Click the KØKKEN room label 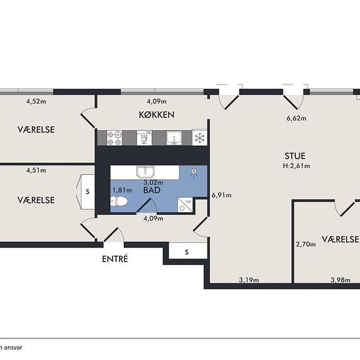[156, 115]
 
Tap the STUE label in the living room [295, 156]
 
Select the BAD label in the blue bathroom [152, 190]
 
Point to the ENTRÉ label [115, 259]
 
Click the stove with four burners [115, 138]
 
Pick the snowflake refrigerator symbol [200, 138]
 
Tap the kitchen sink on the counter [174, 138]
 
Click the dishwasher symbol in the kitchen [144, 138]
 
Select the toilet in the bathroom [119, 202]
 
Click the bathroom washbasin [145, 172]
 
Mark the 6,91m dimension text [221, 195]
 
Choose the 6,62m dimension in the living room [297, 118]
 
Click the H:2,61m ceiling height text [297, 166]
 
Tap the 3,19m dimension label [249, 280]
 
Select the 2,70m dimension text [306, 244]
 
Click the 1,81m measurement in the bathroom [122, 190]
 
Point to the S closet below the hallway [188, 252]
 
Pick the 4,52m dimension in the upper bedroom [36, 101]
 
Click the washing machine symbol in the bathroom [185, 205]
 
